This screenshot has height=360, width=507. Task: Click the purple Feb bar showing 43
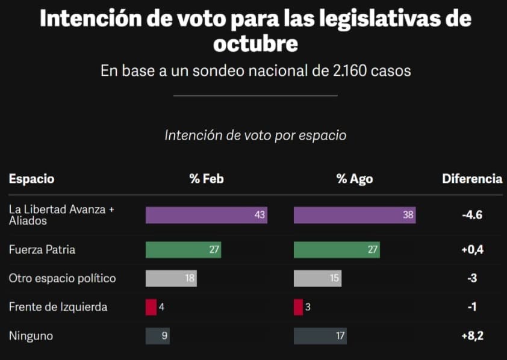coord(207,215)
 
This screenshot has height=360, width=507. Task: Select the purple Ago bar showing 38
coord(355,215)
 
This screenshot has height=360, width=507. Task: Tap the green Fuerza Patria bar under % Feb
coord(183,250)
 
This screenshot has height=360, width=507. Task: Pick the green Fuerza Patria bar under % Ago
coord(337,250)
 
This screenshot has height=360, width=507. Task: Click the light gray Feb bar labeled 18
coord(171,278)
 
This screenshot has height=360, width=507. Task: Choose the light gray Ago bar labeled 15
coord(317,278)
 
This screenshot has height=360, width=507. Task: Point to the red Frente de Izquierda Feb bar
coord(151,307)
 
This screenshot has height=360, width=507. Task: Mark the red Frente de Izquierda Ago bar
coord(298,307)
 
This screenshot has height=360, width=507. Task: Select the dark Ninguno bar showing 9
coord(158,336)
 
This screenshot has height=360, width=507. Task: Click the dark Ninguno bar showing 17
coord(320,336)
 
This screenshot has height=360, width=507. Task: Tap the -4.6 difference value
coord(472,215)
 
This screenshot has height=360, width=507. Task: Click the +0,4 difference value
coord(473,250)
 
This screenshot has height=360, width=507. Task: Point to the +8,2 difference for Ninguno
coord(473,336)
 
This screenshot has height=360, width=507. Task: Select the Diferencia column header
coord(472,179)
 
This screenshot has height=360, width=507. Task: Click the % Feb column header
coord(207,179)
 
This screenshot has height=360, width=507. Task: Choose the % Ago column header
coord(355,179)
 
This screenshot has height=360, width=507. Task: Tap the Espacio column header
coord(32,179)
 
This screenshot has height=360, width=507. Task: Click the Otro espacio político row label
coord(63,278)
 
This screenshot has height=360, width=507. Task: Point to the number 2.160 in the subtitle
coord(349,71)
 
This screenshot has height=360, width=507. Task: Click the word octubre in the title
coord(255,43)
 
